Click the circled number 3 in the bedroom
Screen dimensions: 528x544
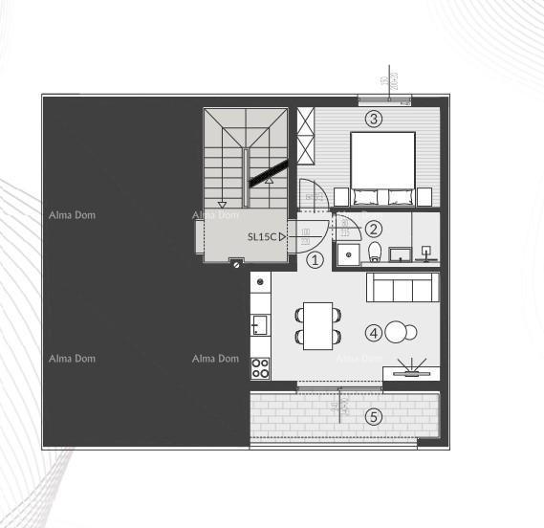pos(374,120)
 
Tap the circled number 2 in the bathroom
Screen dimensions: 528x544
pos(374,229)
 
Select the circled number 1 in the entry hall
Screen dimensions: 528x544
pos(316,258)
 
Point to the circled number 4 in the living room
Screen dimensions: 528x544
pos(374,333)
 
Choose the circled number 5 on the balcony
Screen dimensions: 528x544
pos(374,416)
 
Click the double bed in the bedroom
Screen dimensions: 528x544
pos(382,169)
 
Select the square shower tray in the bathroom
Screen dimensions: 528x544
pos(349,253)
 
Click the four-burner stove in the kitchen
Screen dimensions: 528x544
pos(260,366)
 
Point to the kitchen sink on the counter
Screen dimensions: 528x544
pos(258,326)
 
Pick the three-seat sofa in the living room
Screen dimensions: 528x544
pos(403,288)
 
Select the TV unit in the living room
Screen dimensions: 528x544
pos(411,373)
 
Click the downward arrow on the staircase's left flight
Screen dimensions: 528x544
pos(223,203)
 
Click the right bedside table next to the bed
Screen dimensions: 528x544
pos(426,197)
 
